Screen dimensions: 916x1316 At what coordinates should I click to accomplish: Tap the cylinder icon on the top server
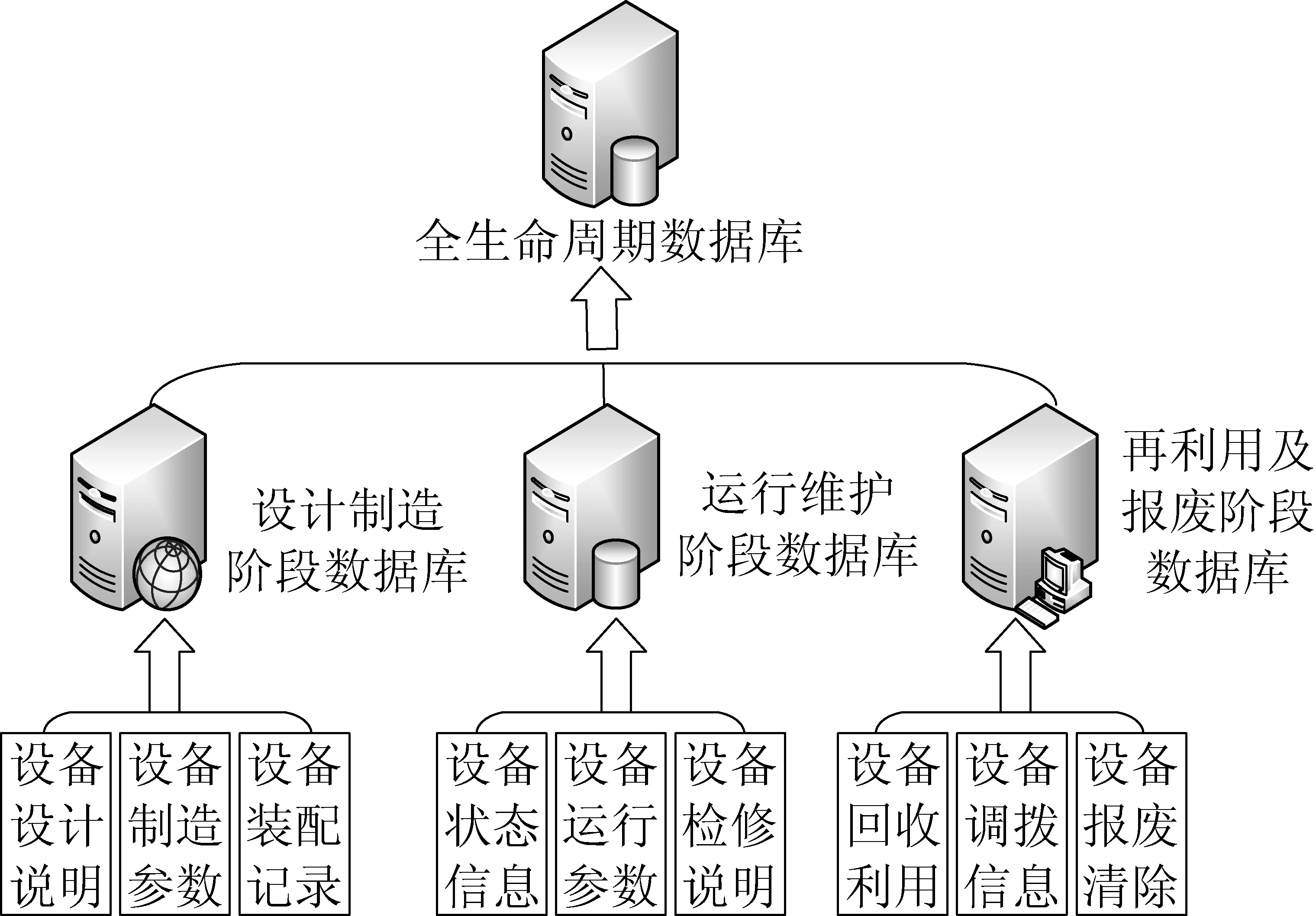(634, 170)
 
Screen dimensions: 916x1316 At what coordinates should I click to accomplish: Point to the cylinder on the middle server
(616, 574)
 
